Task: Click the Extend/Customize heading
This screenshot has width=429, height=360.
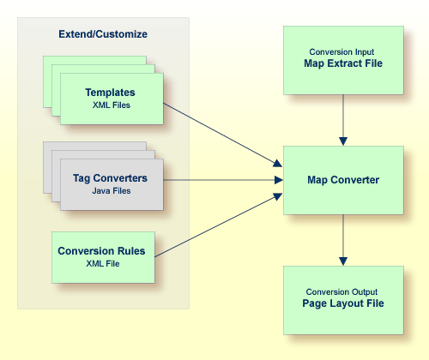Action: (103, 34)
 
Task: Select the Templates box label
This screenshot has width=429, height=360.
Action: (111, 92)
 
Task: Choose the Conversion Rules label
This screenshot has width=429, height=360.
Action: (101, 251)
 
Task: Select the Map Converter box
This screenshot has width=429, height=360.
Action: (342, 180)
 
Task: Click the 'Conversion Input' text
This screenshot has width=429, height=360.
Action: (342, 51)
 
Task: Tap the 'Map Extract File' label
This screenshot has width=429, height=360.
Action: (342, 63)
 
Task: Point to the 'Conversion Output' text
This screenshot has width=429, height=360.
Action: (342, 292)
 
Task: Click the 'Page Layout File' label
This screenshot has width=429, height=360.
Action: (342, 304)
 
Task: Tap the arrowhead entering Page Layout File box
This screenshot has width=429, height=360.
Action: (343, 260)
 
